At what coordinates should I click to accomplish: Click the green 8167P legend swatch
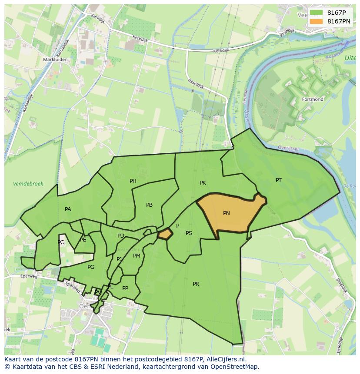coord(317,13)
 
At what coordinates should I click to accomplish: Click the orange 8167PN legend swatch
coord(317,21)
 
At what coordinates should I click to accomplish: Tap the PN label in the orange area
coord(226,213)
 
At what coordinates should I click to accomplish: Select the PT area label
coord(279,180)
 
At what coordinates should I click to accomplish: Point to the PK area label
coord(203,183)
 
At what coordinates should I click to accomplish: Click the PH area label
coord(133,181)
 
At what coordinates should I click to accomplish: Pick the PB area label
coord(149,205)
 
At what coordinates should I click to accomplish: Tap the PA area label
coord(68,209)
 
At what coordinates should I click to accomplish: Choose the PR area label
coord(196,284)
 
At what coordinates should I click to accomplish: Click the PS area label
coord(189,233)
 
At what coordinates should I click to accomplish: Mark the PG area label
coord(91,267)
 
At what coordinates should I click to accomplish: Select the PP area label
coord(125,288)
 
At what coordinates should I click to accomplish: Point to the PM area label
coord(137,256)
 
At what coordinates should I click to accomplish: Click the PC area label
coord(61,242)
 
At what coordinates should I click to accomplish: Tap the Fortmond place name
coord(313,99)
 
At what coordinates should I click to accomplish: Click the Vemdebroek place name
coord(28,184)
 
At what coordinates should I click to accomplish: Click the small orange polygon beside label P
coord(165,235)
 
